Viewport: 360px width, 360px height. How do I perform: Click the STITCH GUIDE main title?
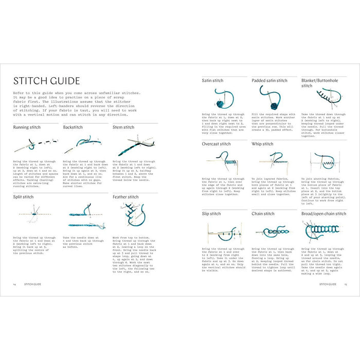point(46,81)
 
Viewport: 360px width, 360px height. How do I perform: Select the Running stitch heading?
point(27,127)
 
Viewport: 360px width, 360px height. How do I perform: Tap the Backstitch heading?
point(73,127)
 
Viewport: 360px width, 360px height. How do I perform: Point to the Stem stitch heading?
point(123,127)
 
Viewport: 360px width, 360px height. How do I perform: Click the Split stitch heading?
point(24,196)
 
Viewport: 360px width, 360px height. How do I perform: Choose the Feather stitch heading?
point(125,196)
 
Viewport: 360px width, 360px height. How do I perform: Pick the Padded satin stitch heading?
point(269,81)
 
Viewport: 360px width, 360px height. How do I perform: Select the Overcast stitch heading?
point(216,144)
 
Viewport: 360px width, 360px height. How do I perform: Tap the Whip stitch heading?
point(262,144)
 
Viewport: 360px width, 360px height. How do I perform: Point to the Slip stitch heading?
point(211,213)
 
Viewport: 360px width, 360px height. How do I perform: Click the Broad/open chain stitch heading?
point(323,213)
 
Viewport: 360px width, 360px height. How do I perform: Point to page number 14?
point(14,283)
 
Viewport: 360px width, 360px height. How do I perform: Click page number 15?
point(346,283)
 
